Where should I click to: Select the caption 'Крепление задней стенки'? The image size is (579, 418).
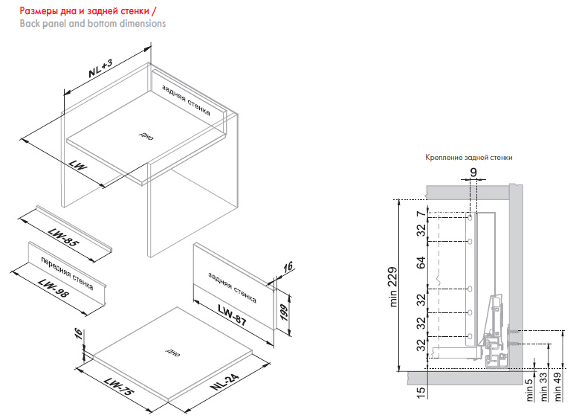click(468, 158)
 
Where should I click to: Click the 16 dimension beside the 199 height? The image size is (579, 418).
click(288, 269)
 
